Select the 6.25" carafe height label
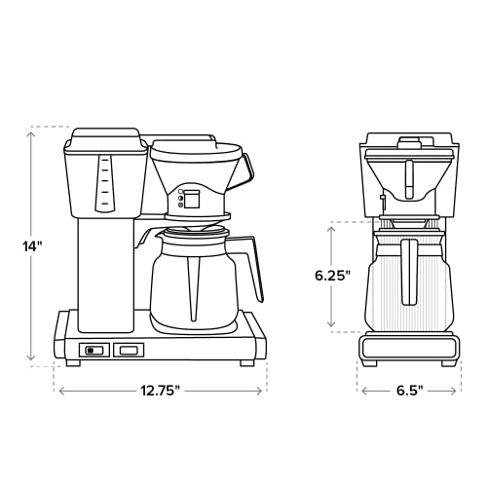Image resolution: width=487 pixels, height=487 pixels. pos(332,275)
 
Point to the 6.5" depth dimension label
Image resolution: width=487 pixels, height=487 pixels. pos(408,390)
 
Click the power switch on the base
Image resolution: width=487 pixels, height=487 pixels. pos(94,350)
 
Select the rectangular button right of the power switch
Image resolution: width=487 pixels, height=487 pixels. pos(128,350)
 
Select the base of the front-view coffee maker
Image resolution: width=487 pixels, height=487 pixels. pos(408,348)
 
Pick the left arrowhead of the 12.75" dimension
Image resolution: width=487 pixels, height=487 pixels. pos(61,390)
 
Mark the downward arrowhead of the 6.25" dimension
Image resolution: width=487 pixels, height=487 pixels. pos(332,326)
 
